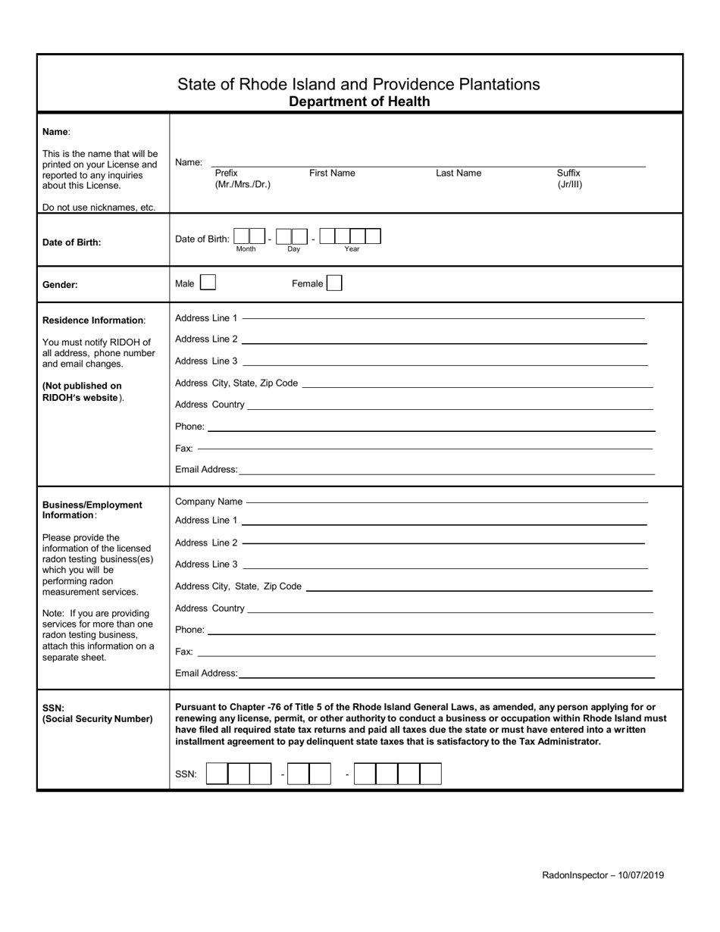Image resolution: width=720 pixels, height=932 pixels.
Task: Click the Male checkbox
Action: point(208,283)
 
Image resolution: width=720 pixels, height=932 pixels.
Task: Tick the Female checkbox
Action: point(333,283)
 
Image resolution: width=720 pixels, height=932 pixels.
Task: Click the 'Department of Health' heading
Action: point(359,102)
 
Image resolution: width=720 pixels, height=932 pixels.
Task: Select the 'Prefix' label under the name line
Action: point(226,173)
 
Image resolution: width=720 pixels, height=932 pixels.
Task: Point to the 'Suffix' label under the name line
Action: point(568,173)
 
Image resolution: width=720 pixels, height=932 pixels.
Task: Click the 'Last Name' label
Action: point(458,173)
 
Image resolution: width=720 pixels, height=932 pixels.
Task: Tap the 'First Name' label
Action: point(332,173)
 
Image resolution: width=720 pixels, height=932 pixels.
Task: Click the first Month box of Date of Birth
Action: point(242,236)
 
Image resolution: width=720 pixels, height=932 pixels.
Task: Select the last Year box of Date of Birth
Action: point(373,236)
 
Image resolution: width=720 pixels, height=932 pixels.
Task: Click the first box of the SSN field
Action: point(217,774)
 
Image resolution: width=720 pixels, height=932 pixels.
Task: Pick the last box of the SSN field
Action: point(430,774)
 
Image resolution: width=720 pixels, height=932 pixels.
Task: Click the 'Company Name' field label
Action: point(208,502)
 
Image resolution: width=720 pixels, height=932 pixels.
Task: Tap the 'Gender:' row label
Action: point(61,285)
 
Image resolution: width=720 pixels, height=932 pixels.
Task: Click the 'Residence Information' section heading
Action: point(93,321)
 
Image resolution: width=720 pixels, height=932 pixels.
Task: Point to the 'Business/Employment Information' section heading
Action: point(92,509)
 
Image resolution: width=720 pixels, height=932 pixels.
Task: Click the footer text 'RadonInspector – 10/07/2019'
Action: point(603,875)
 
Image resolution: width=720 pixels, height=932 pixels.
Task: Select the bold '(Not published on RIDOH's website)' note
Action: point(83,391)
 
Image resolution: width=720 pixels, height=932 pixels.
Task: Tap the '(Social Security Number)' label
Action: point(97,718)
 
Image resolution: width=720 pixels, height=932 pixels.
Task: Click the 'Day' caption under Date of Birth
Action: point(293,249)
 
